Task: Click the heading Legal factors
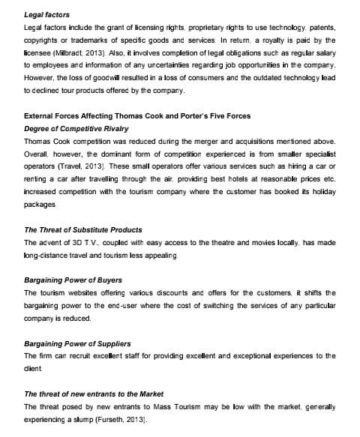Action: point(48,14)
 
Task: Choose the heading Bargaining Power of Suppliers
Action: point(77,343)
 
